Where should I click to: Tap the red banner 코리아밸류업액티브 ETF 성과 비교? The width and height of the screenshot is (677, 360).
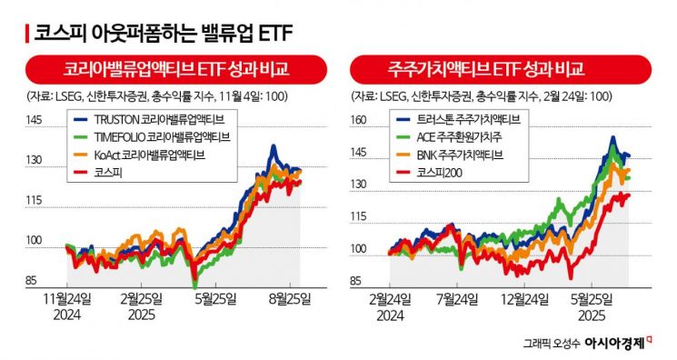coord(170,69)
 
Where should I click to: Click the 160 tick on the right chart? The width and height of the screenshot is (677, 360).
coord(359,119)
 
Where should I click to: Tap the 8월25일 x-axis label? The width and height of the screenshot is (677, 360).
coord(289,297)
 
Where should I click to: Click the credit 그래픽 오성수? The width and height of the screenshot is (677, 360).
coord(552,344)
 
